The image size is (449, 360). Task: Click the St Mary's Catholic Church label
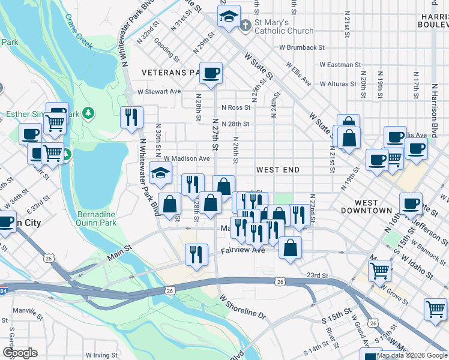pyautogui.click(x=284, y=27)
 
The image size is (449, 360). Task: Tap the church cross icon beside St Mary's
pyautogui.click(x=245, y=26)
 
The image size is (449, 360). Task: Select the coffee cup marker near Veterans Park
pyautogui.click(x=211, y=74)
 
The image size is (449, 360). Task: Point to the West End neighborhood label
pyautogui.click(x=278, y=170)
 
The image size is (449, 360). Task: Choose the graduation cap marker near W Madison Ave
pyautogui.click(x=160, y=173)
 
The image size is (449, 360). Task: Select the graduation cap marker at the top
pyautogui.click(x=229, y=17)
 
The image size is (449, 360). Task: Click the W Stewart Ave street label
pyautogui.click(x=159, y=92)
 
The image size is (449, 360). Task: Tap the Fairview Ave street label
pyautogui.click(x=243, y=250)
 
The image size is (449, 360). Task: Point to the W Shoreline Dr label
pyautogui.click(x=242, y=306)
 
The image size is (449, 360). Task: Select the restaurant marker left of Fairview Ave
pyautogui.click(x=195, y=255)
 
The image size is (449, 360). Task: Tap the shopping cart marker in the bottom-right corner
pyautogui.click(x=435, y=310)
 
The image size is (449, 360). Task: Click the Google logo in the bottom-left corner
pyautogui.click(x=20, y=353)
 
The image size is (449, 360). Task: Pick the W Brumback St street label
pyautogui.click(x=302, y=47)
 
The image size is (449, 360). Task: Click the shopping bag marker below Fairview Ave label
pyautogui.click(x=290, y=248)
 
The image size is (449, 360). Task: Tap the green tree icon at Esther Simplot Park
pyautogui.click(x=88, y=112)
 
